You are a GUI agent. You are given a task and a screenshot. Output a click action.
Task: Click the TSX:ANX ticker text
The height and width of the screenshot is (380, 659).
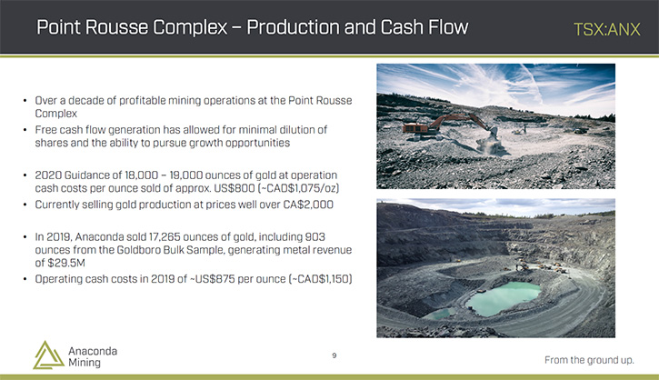607,29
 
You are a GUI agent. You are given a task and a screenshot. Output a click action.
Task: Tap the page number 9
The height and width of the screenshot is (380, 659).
334,355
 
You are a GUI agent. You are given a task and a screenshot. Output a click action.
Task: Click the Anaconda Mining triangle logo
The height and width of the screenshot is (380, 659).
48,355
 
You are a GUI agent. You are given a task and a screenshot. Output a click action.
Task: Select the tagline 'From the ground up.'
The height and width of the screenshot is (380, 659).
589,360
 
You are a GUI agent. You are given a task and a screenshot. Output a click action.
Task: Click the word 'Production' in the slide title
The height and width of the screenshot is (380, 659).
293,27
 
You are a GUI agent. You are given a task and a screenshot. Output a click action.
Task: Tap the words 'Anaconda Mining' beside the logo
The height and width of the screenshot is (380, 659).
93,357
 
